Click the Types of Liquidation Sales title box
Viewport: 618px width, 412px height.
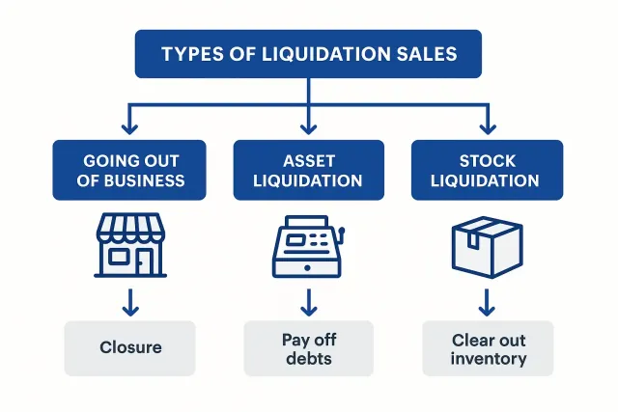click(x=309, y=53)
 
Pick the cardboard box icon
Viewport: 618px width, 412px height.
click(x=488, y=245)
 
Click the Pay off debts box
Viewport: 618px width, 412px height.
click(x=309, y=348)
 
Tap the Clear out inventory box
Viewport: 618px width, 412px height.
click(x=488, y=348)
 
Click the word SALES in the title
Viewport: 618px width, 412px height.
click(x=422, y=53)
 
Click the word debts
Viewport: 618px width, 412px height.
click(x=309, y=359)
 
